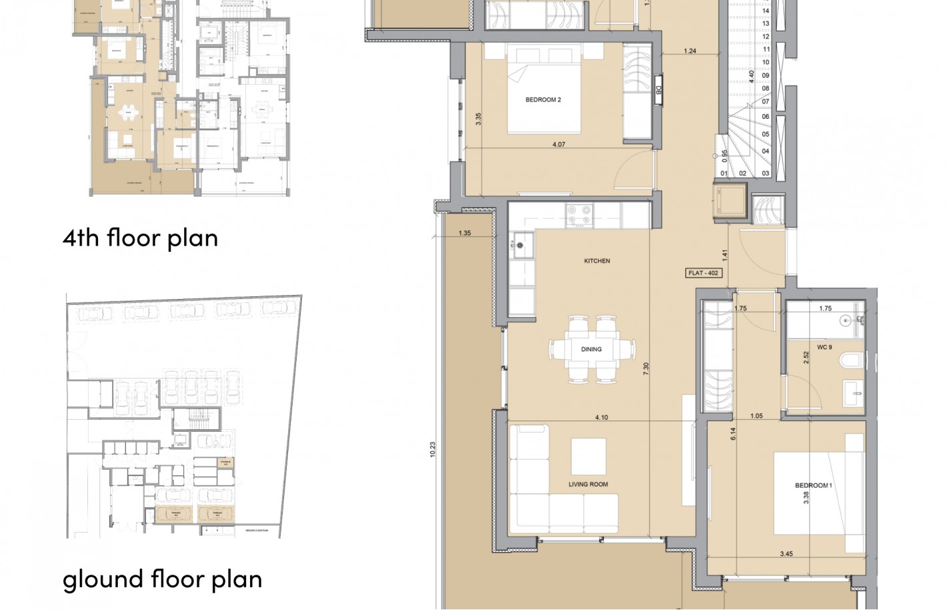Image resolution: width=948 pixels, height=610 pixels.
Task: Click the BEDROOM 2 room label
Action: pos(543,99)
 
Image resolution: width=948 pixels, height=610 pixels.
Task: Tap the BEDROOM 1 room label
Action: pos(813,485)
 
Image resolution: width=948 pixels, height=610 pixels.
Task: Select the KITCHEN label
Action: pos(597,261)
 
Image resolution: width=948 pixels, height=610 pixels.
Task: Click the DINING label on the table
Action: pos(591,349)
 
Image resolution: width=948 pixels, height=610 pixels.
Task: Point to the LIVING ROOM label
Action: pos(588,485)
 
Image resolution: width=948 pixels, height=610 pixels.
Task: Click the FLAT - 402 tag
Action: pos(703,273)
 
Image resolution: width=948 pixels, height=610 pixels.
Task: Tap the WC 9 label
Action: pos(824,347)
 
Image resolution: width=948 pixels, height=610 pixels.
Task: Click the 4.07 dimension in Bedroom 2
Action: pos(559,144)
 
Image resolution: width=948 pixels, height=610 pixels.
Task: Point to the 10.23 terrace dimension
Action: pos(433,449)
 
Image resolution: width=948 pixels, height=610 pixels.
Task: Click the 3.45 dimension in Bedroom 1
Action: pos(786,554)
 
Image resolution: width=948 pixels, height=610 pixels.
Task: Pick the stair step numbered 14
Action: pos(765,11)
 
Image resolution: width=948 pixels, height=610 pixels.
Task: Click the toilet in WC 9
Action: pos(851,361)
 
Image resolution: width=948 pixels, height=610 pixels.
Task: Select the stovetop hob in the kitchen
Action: pos(579,214)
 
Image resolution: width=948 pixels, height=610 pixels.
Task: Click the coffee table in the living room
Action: pos(588,456)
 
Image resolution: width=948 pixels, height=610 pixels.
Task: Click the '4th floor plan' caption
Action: pos(140,238)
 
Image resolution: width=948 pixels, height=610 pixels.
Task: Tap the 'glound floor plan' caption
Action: pos(162,579)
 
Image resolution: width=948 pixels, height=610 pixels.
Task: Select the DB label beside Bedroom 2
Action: pos(658,90)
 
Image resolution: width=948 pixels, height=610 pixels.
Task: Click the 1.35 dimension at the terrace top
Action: pos(465,233)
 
